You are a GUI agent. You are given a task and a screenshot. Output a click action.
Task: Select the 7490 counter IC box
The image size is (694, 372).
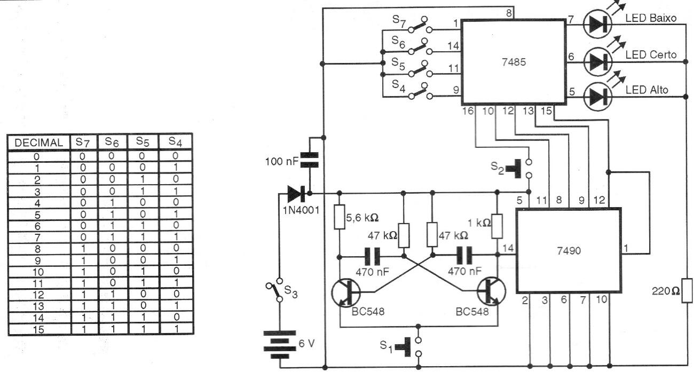(568, 250)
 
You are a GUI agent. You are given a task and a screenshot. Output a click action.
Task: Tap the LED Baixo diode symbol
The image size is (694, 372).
(596, 22)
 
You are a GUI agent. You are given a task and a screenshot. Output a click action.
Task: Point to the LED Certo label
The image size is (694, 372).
(651, 54)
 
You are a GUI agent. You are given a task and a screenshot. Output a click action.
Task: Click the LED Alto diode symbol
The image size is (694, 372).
(596, 97)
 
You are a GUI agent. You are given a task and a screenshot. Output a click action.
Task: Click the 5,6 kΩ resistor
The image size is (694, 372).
(340, 218)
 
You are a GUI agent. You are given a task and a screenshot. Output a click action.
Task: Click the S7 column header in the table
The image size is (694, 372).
(82, 142)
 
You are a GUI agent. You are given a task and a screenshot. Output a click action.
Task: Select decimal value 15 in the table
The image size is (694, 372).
(38, 330)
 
